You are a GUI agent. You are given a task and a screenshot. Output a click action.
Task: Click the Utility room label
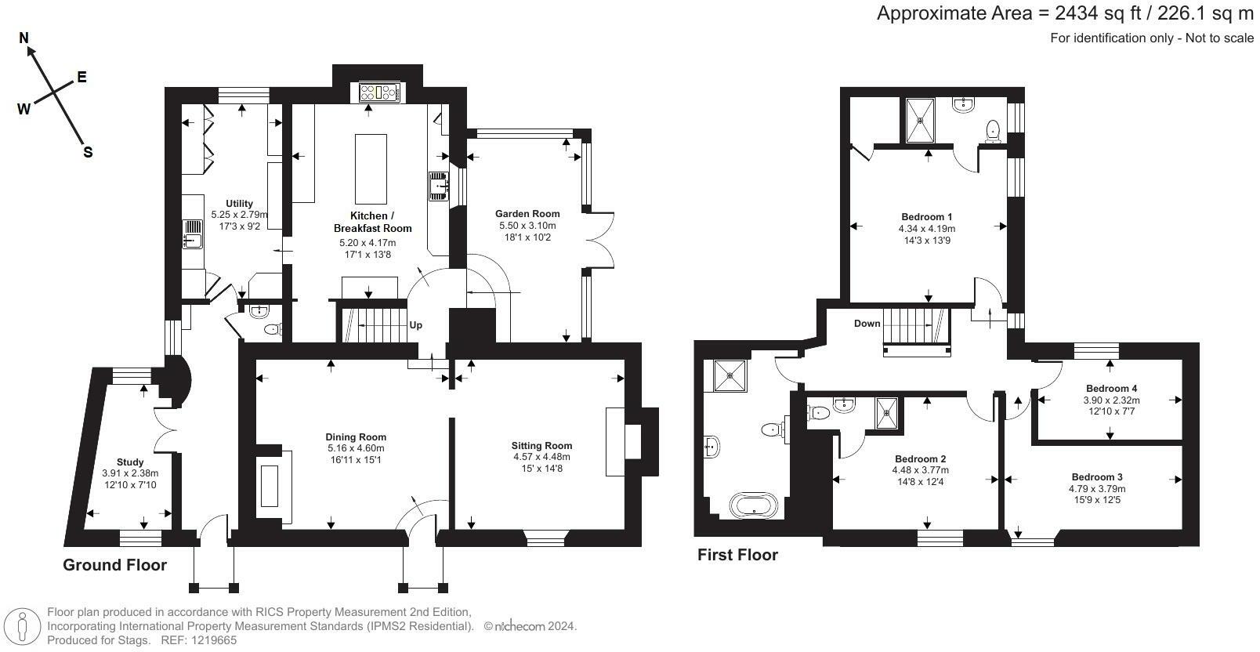(239, 204)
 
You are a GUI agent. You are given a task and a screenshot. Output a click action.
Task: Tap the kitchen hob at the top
(380, 92)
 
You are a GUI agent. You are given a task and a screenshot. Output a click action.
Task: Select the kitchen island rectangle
(371, 168)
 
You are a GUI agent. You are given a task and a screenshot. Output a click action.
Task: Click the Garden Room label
(527, 214)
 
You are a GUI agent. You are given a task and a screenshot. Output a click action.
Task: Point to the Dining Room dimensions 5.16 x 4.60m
(356, 448)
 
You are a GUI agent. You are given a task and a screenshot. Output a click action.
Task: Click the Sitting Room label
(541, 446)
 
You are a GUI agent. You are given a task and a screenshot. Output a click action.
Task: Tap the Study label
(130, 462)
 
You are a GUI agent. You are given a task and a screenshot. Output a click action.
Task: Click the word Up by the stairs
(415, 325)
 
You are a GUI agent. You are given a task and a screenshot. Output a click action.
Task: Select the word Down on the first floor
(867, 324)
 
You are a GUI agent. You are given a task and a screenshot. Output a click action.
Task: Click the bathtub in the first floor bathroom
(754, 505)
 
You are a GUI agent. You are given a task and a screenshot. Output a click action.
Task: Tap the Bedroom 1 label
(926, 216)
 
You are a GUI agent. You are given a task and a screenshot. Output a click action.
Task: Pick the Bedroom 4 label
(1111, 388)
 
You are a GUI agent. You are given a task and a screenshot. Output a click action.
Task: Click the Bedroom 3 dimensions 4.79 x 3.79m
(1097, 489)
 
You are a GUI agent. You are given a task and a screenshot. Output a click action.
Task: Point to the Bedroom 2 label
(920, 459)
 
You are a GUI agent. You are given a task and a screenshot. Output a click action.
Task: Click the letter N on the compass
(24, 38)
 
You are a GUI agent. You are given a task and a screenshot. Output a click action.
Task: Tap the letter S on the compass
(88, 153)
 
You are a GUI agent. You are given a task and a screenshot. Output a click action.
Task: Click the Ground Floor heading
(114, 565)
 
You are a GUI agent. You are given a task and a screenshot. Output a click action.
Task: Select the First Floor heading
(737, 555)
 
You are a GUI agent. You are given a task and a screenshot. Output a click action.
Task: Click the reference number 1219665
(215, 640)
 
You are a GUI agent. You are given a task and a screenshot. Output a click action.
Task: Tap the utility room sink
(193, 234)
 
